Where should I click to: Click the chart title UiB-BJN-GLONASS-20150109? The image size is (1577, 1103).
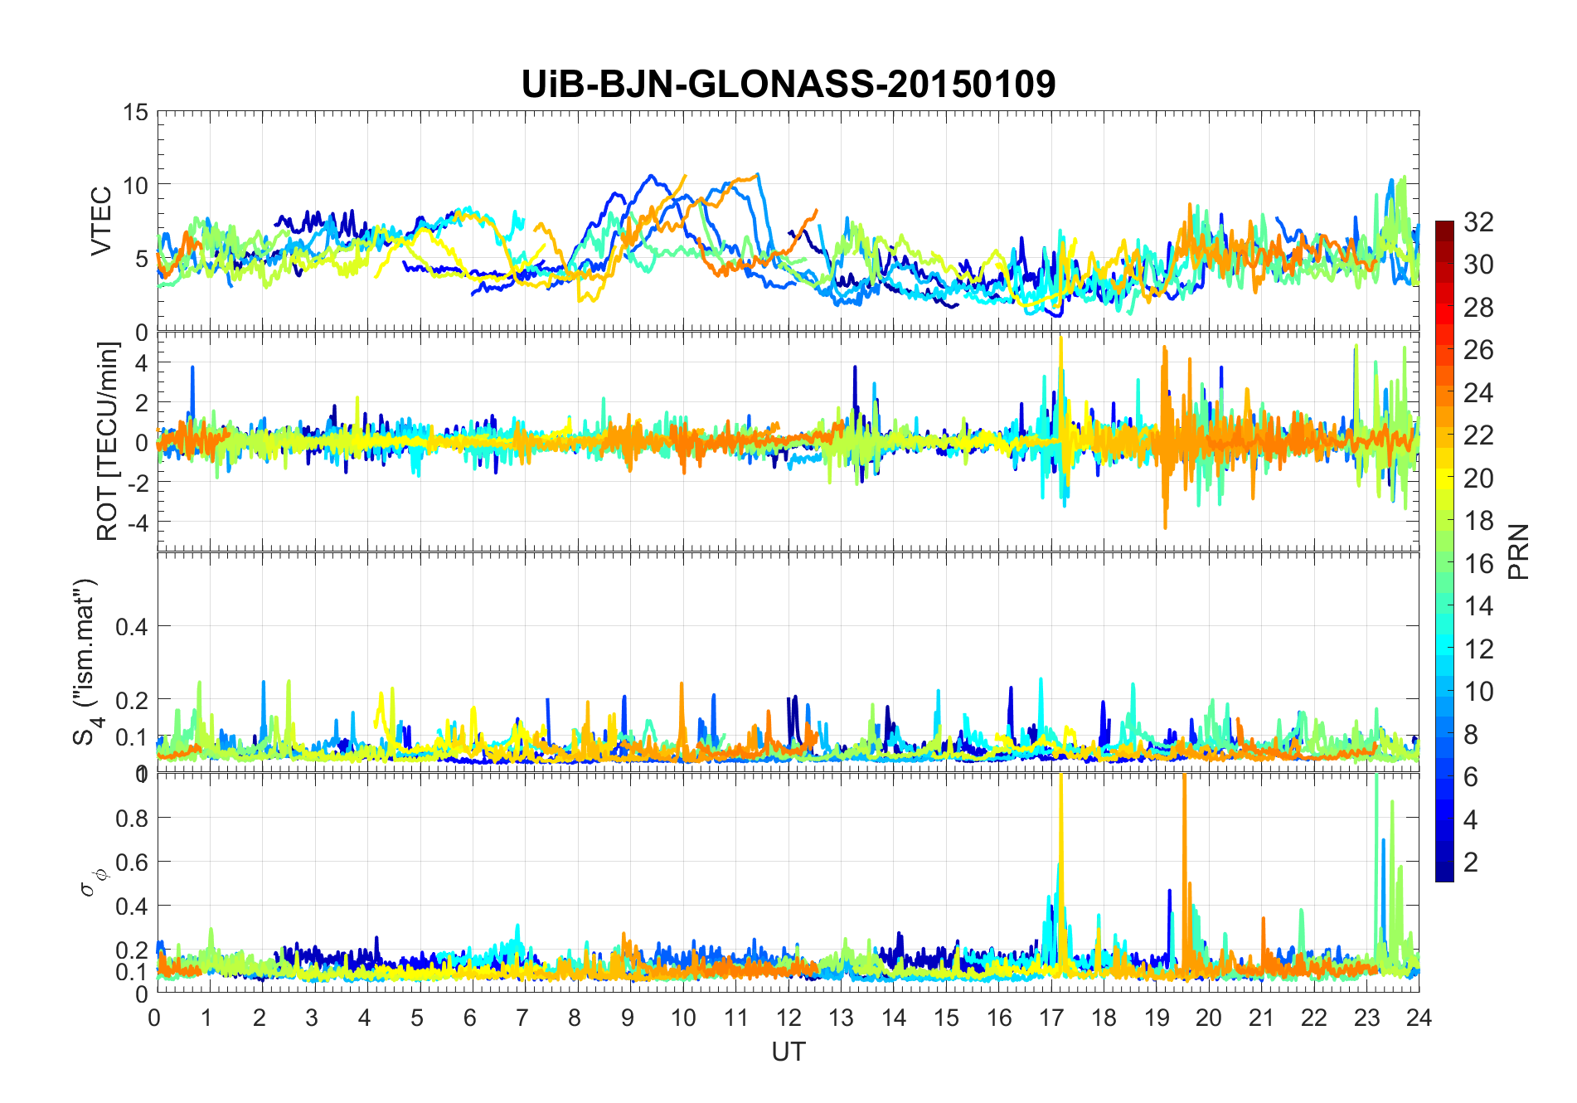coord(788,85)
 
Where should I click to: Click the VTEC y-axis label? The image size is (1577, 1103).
coord(101,221)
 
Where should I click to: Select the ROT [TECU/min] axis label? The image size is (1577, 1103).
coord(108,441)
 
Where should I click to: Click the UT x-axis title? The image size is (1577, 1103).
coord(788,1052)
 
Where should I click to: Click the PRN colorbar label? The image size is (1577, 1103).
coord(1518,551)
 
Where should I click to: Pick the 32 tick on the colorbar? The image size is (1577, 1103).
coord(1478,222)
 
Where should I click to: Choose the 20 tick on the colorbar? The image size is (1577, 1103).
coord(1478,479)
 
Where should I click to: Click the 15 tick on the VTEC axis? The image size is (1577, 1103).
coord(136,112)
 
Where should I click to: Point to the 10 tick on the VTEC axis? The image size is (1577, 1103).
coord(136,185)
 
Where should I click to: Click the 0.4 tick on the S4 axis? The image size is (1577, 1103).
coord(132,626)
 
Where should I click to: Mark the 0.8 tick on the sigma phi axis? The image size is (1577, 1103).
coord(132,818)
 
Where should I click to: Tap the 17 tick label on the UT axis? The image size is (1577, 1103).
coord(1051,1018)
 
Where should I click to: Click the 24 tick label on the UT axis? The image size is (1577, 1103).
coord(1419,1018)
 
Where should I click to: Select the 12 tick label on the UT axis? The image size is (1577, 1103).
coord(788,1018)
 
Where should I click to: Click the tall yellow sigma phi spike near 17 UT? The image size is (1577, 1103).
coord(1060,829)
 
